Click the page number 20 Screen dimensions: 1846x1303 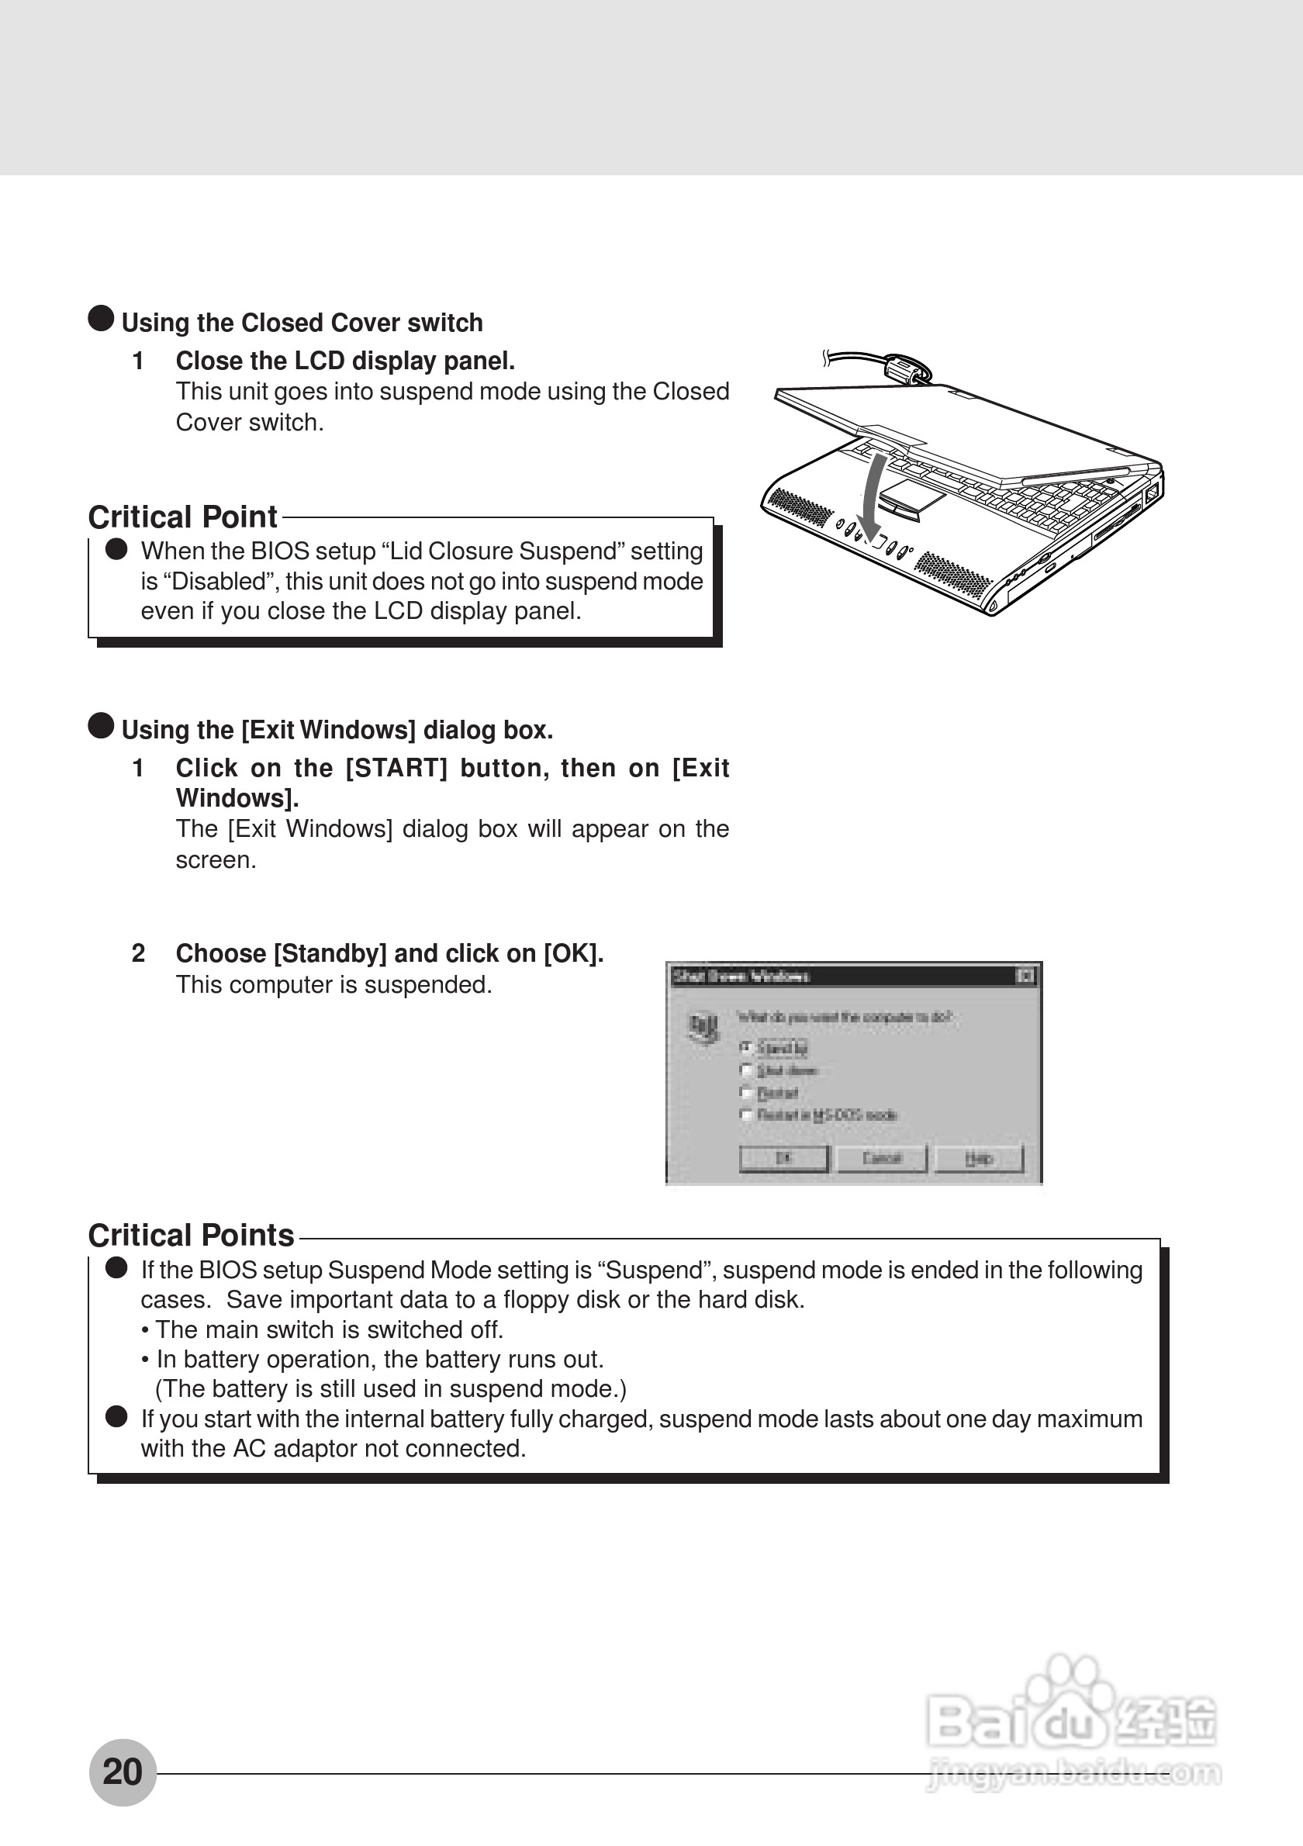123,1772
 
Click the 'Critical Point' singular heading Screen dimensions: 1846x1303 182,517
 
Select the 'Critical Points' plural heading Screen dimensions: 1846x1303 192,1235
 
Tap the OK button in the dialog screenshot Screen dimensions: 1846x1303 783,1158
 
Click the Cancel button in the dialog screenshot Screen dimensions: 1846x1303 882,1158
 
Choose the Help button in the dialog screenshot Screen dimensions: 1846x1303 978,1158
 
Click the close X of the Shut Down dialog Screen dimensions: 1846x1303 1025,976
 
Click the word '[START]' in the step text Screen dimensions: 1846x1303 396,769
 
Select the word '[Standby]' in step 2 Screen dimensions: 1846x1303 330,953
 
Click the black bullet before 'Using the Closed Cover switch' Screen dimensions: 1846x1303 101,318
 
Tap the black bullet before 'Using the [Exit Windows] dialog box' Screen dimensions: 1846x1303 101,725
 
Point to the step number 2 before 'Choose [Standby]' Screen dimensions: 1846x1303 138,953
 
